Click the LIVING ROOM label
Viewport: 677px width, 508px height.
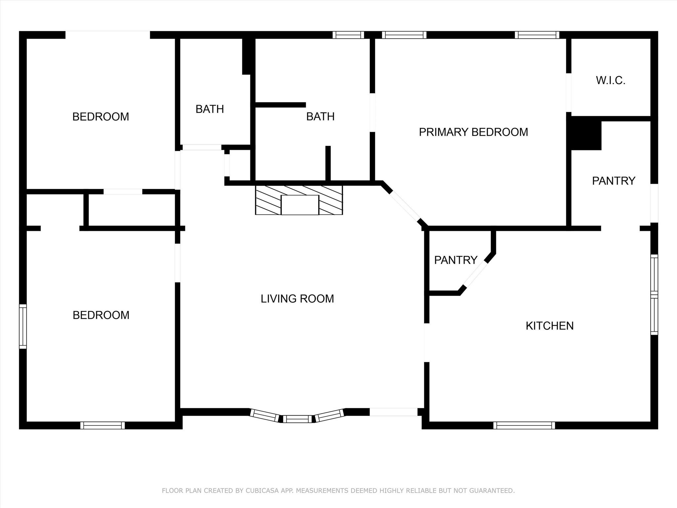coord(297,299)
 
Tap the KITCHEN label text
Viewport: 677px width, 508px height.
coord(549,326)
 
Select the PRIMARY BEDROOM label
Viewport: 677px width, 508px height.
coord(473,132)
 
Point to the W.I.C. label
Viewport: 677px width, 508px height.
coord(611,80)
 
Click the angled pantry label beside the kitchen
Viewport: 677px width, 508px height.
coord(456,260)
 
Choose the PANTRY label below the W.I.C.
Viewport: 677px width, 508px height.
coord(614,181)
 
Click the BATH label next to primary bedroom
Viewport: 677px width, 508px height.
coord(320,116)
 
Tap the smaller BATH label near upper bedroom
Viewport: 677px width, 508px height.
coord(210,109)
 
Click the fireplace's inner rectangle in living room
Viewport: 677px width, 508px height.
coord(300,205)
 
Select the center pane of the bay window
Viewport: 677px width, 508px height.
coord(297,419)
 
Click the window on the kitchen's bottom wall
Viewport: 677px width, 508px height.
coord(524,425)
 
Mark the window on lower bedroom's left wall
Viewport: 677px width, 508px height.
coord(22,326)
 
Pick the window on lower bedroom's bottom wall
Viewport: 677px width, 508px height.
coord(102,425)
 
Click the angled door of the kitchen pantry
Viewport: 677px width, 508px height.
coord(475,274)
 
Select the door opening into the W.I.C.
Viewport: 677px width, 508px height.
coord(569,93)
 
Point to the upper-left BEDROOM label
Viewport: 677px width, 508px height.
coord(100,117)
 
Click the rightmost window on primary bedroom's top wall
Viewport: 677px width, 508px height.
coord(537,35)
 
